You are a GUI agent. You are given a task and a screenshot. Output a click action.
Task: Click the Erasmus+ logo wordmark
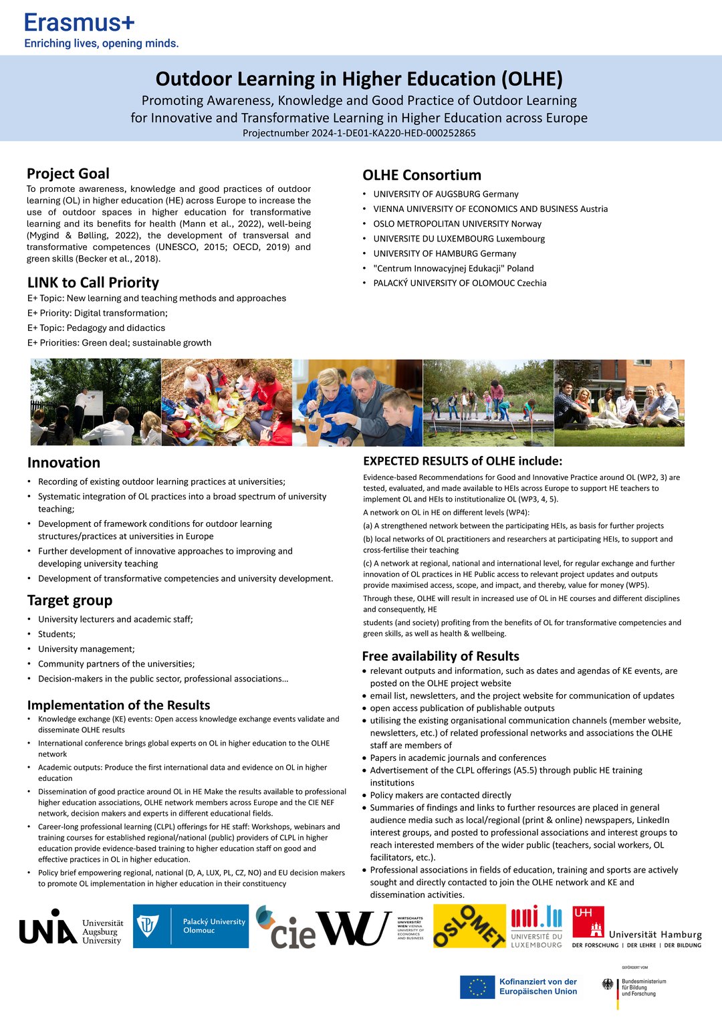pyautogui.click(x=80, y=23)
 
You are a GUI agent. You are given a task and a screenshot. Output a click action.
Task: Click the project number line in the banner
pyautogui.click(x=359, y=133)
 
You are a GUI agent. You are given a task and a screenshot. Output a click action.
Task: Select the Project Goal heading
pyautogui.click(x=68, y=174)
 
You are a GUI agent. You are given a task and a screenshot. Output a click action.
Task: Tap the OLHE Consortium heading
pyautogui.click(x=422, y=175)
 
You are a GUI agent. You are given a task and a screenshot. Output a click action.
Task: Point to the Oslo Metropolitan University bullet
pyautogui.click(x=457, y=224)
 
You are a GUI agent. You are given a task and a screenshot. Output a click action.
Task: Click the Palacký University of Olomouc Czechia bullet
pyautogui.click(x=460, y=283)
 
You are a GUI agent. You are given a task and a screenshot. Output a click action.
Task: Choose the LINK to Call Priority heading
pyautogui.click(x=93, y=283)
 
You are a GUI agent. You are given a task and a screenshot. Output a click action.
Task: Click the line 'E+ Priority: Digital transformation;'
pyautogui.click(x=98, y=313)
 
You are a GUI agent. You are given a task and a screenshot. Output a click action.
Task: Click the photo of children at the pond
pyautogui.click(x=488, y=403)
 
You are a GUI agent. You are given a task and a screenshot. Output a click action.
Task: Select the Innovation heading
pyautogui.click(x=64, y=463)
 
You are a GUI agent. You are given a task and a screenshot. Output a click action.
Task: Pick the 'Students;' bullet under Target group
pyautogui.click(x=57, y=634)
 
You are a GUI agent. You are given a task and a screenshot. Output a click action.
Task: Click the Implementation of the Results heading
pyautogui.click(x=118, y=705)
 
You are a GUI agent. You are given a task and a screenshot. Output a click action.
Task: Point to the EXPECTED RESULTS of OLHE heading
pyautogui.click(x=463, y=461)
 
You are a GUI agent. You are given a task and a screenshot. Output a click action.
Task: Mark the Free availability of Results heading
pyautogui.click(x=441, y=656)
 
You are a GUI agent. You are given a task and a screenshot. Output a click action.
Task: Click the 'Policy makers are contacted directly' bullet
pyautogui.click(x=441, y=795)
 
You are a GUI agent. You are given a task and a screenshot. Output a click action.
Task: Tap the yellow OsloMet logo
pyautogui.click(x=469, y=926)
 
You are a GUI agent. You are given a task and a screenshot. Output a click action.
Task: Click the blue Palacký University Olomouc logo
pyautogui.click(x=191, y=926)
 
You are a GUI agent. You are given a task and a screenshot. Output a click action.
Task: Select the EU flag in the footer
pyautogui.click(x=477, y=987)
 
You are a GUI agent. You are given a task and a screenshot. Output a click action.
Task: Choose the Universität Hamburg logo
pyautogui.click(x=636, y=927)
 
